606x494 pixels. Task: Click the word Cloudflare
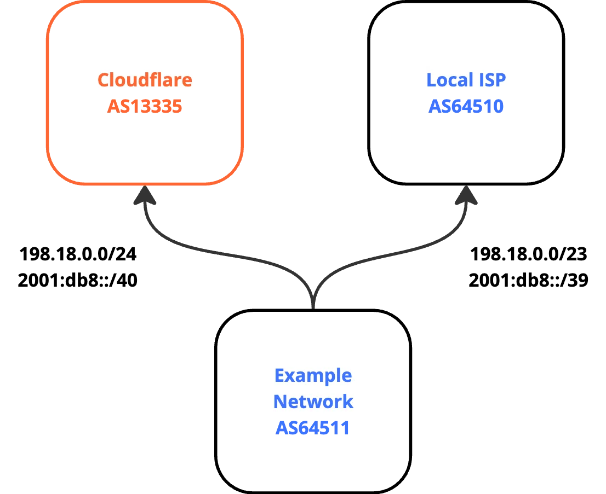145,80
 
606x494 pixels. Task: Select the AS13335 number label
145,106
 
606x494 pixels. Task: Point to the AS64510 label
466,106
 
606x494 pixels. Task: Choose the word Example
313,376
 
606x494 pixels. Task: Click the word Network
313,402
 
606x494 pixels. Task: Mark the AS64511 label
312,428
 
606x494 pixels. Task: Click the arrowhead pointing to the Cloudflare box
144,196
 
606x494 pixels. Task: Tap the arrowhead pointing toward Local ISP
465,196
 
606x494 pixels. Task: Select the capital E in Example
279,376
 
